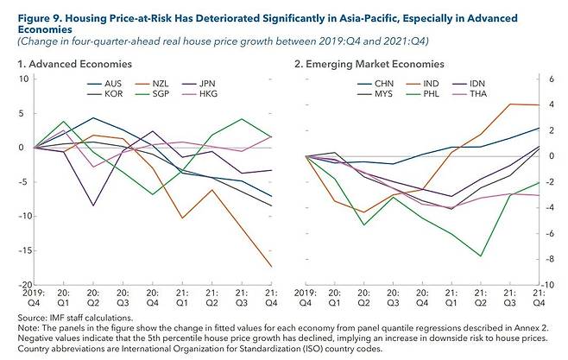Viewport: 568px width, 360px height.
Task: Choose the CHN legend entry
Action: pos(383,83)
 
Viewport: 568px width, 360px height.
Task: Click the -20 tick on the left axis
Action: pos(22,284)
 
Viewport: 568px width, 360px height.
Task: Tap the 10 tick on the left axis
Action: pos(24,79)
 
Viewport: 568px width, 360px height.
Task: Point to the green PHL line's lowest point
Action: pos(481,256)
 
